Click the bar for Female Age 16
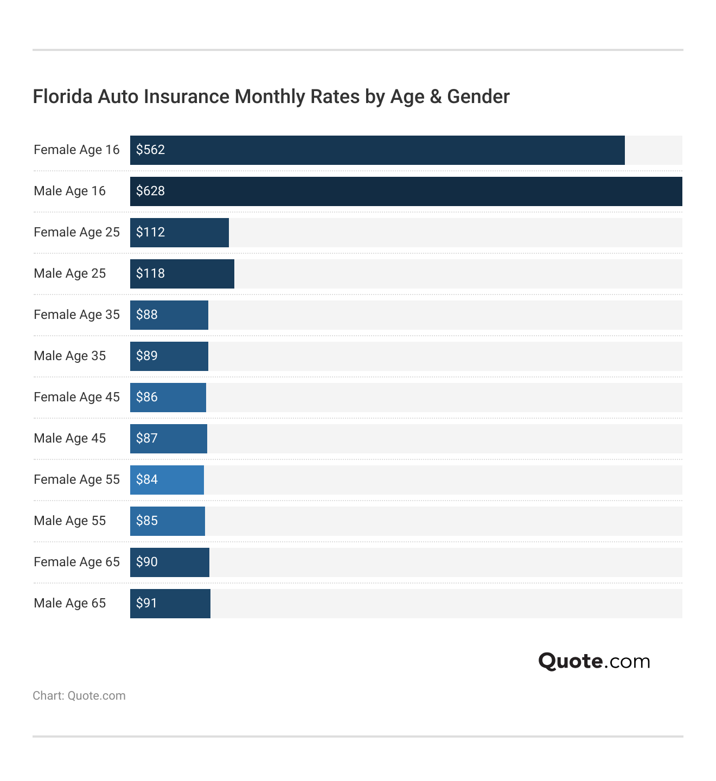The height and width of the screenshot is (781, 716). coord(377,150)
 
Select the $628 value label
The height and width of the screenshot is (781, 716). coord(150,191)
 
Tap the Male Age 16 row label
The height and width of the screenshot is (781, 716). coord(69,191)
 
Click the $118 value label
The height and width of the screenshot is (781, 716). coord(150,274)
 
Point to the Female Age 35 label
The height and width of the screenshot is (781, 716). coord(76,315)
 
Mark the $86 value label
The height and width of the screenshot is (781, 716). coord(147,398)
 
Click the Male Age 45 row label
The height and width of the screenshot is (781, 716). coord(69,439)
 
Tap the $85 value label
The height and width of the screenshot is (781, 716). coord(147,521)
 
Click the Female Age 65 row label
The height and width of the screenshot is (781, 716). coord(76,562)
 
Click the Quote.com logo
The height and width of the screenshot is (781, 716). coord(594,661)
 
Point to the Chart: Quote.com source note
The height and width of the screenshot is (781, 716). coord(79,696)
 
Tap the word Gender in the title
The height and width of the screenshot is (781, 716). coord(478,97)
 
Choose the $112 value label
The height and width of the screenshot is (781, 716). coord(150,233)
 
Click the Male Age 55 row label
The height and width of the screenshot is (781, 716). coord(69,521)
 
